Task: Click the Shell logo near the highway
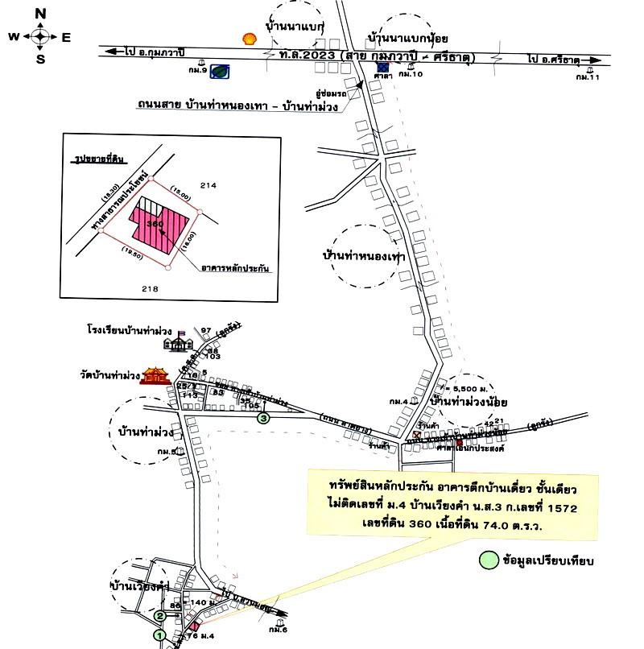pyautogui.click(x=251, y=37)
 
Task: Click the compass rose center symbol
pyautogui.click(x=41, y=36)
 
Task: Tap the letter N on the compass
pyautogui.click(x=41, y=13)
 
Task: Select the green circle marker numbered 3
pyautogui.click(x=262, y=418)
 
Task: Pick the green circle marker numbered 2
pyautogui.click(x=160, y=617)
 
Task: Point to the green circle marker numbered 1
pyautogui.click(x=160, y=636)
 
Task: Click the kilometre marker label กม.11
pyautogui.click(x=588, y=77)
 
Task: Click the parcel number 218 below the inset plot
pyautogui.click(x=150, y=289)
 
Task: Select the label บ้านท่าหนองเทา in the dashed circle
pyautogui.click(x=361, y=255)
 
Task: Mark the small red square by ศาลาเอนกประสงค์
pyautogui.click(x=459, y=443)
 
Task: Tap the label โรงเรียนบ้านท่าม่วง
pyautogui.click(x=132, y=330)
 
